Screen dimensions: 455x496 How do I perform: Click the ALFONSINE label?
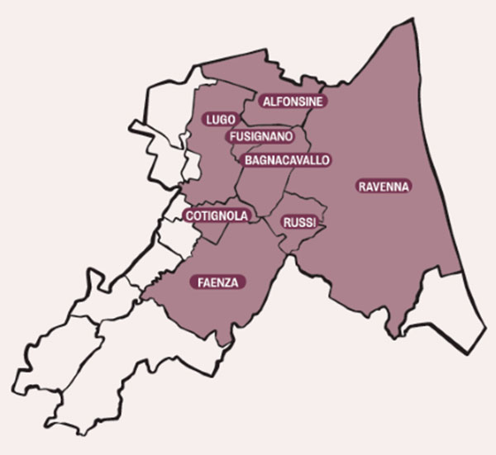click(293, 102)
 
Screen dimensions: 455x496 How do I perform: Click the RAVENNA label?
click(384, 187)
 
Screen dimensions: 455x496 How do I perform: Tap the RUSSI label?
click(297, 222)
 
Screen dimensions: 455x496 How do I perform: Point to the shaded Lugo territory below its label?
click(211, 165)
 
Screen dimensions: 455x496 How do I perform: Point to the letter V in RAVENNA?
click(378, 187)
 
